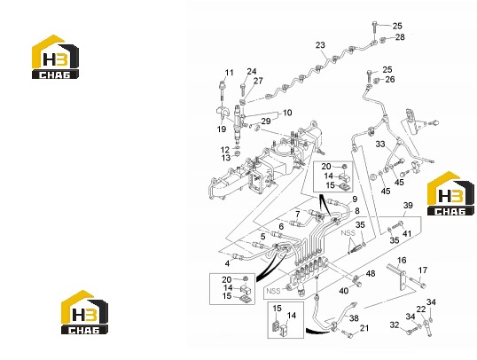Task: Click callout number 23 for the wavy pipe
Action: [320, 45]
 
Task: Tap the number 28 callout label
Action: [400, 37]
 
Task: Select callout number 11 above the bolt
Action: [229, 73]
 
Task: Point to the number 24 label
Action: [252, 72]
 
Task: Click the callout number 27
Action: [258, 81]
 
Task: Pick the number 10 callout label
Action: [287, 113]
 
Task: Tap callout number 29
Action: [266, 121]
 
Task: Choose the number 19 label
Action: [222, 129]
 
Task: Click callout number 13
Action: [226, 158]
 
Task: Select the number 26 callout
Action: [390, 80]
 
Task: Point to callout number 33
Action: [380, 144]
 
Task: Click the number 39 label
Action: [408, 206]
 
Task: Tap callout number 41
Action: [407, 234]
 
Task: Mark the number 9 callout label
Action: [355, 200]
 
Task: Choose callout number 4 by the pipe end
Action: [227, 263]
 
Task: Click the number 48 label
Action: [371, 274]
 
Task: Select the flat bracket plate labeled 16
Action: [397, 278]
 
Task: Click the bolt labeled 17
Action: [417, 282]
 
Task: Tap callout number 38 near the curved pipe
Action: [354, 318]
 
